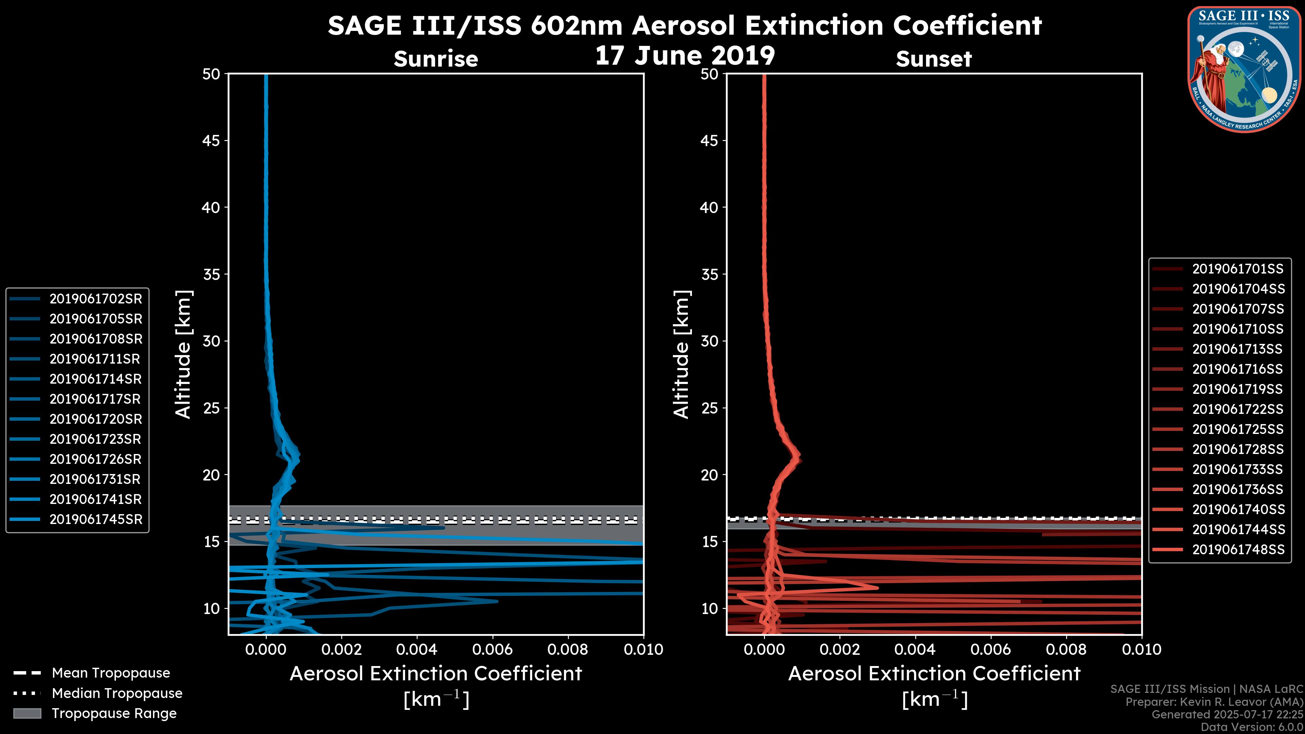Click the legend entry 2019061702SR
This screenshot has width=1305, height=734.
click(x=96, y=299)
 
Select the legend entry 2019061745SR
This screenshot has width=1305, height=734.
click(x=96, y=519)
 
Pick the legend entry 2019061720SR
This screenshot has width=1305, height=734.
click(x=96, y=419)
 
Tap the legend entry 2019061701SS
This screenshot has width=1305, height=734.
click(x=1238, y=269)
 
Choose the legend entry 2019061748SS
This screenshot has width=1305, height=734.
click(x=1238, y=549)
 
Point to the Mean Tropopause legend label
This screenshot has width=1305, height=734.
click(x=111, y=673)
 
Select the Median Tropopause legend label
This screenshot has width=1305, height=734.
click(x=117, y=693)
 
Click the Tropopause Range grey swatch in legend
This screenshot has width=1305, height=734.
click(x=27, y=713)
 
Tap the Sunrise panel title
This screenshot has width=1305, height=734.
click(x=436, y=59)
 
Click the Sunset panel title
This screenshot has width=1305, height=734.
click(x=934, y=59)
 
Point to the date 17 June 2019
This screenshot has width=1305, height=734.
click(x=684, y=55)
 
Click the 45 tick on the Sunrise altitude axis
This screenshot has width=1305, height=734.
click(x=211, y=140)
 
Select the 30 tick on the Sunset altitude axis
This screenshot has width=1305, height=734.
click(x=709, y=341)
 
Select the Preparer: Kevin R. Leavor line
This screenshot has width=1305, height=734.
click(x=1214, y=702)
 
